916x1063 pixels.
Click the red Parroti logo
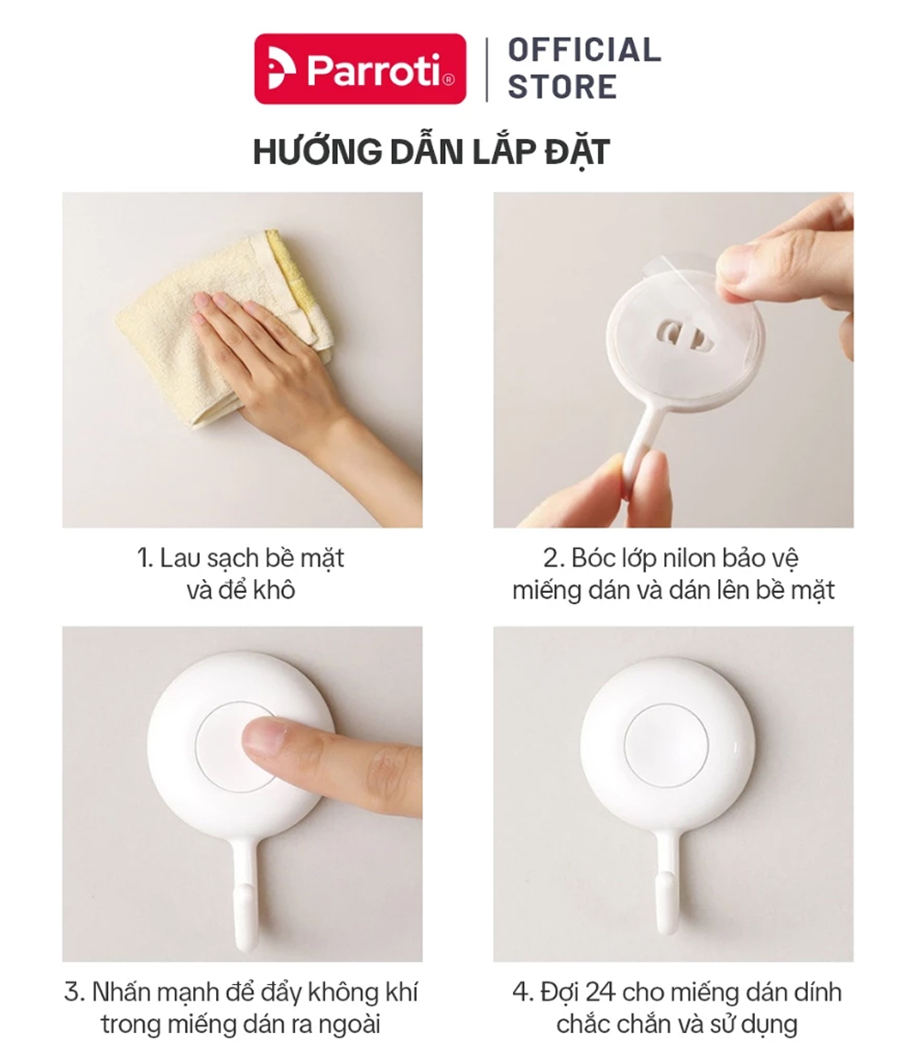360,69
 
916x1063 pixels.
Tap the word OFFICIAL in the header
584,50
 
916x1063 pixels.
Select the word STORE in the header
562,87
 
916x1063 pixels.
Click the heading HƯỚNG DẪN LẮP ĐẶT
431,151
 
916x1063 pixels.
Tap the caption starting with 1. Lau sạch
241,574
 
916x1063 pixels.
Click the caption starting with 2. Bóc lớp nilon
672,574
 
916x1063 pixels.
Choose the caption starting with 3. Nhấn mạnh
241,1007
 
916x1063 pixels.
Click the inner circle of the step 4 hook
665,744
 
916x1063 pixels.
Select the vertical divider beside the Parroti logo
486,69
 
